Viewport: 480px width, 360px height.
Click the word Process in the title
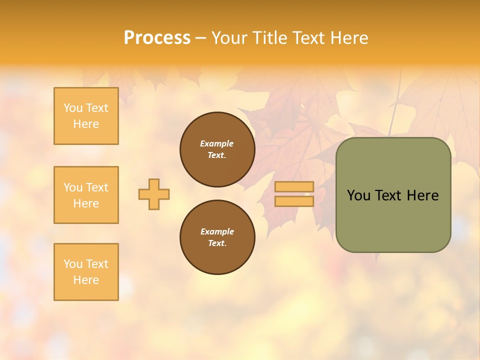[x=157, y=38]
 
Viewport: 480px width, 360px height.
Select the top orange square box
[x=86, y=116]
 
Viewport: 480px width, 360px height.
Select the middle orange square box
[x=86, y=195]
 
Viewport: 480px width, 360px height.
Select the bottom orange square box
[x=86, y=272]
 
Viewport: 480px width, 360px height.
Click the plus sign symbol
[x=154, y=194]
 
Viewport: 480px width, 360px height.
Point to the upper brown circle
[x=217, y=149]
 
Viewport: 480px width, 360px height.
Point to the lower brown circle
[x=217, y=237]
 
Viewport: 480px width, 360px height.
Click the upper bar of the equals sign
[x=294, y=186]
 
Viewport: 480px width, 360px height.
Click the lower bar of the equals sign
[x=294, y=201]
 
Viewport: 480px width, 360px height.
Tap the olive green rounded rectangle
[x=393, y=220]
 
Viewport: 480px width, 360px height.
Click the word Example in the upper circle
[x=217, y=143]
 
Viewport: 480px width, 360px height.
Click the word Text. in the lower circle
[x=217, y=243]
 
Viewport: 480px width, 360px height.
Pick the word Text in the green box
[x=389, y=195]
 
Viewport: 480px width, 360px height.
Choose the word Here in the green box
[x=422, y=195]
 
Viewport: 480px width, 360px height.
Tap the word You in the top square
[x=73, y=108]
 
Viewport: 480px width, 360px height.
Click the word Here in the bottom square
[x=86, y=280]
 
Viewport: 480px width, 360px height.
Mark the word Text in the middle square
[x=97, y=187]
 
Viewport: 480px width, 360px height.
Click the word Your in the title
[x=229, y=38]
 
